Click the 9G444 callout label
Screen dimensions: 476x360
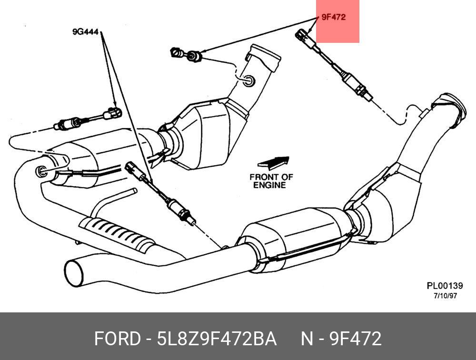coord(86,32)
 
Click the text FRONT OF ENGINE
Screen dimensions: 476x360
coord(271,181)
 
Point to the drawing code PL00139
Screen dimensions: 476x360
coord(445,286)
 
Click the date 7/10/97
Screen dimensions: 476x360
coord(445,296)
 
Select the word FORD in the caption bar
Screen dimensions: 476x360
coord(116,339)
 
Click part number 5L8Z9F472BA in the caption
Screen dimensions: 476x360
coord(217,339)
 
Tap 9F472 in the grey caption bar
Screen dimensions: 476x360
coord(356,339)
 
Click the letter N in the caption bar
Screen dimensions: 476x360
coord(306,339)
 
